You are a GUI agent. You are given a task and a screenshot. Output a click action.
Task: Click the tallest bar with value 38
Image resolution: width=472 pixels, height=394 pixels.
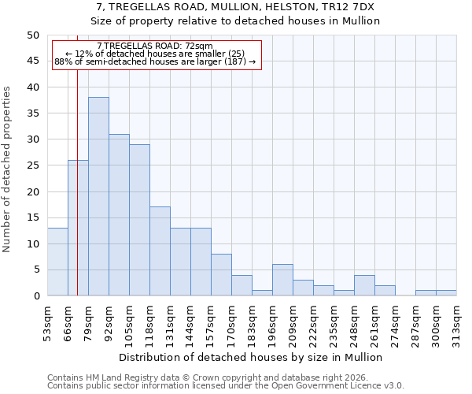tap(98, 196)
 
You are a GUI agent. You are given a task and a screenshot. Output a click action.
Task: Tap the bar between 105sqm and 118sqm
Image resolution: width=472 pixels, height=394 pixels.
tap(139, 220)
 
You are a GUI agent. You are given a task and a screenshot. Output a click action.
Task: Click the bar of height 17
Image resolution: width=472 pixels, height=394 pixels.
tap(160, 251)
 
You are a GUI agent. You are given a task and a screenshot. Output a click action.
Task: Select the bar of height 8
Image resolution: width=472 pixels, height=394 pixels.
tap(221, 275)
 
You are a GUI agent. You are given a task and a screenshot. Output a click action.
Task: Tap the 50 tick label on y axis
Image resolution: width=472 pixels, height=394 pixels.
tap(32, 35)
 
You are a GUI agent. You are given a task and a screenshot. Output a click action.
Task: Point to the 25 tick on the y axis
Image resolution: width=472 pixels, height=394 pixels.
tap(32, 165)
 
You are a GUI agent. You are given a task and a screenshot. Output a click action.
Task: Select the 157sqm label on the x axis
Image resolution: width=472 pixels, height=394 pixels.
tap(212, 322)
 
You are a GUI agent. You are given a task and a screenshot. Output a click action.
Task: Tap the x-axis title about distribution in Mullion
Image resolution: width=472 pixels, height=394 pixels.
tap(252, 358)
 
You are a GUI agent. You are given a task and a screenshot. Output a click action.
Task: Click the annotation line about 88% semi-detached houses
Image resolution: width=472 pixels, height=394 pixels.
tap(155, 61)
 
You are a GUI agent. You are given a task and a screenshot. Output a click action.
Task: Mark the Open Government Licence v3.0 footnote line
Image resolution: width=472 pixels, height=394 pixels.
tap(226, 386)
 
